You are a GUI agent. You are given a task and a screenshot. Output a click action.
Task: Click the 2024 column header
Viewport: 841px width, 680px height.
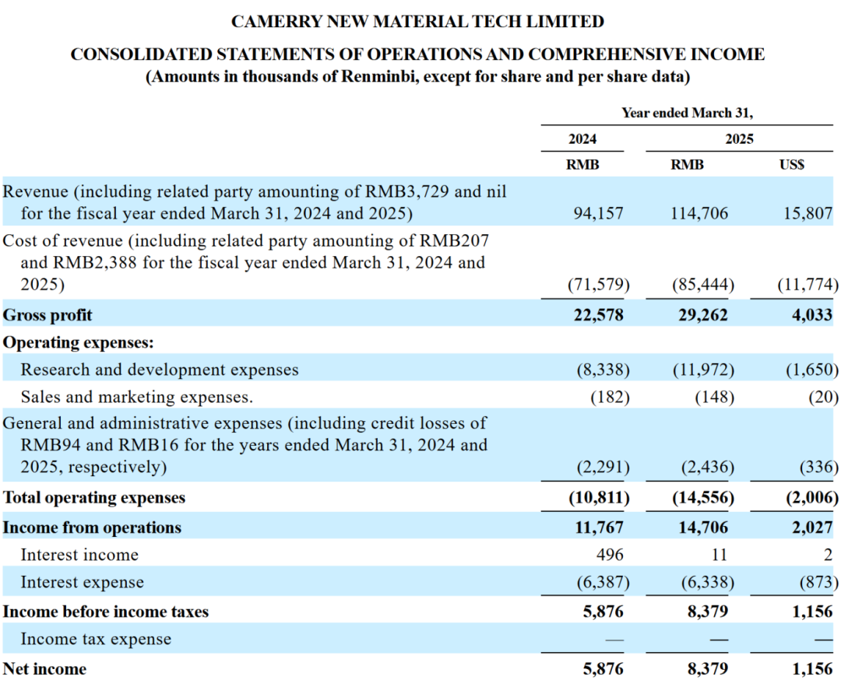pyautogui.click(x=582, y=138)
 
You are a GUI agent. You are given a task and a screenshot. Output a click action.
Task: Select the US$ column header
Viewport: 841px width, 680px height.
pyautogui.click(x=792, y=164)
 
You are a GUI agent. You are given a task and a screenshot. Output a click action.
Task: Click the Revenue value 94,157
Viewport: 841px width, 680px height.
pyautogui.click(x=599, y=213)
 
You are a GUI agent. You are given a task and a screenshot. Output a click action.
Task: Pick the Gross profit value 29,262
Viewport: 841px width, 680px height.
pyautogui.click(x=702, y=314)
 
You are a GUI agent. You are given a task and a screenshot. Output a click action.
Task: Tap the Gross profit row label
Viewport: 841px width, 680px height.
pyautogui.click(x=48, y=315)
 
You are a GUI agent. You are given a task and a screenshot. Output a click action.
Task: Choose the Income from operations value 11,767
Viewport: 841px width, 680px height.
pyautogui.click(x=599, y=528)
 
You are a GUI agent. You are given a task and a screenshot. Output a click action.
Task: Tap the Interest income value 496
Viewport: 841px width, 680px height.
pyautogui.click(x=610, y=555)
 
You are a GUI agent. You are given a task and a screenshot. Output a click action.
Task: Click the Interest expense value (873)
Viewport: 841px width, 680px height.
pyautogui.click(x=818, y=582)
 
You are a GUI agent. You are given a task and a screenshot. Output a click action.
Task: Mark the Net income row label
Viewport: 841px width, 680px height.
pyautogui.click(x=44, y=669)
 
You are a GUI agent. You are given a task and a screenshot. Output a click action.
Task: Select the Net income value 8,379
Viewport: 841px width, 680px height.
pyautogui.click(x=708, y=669)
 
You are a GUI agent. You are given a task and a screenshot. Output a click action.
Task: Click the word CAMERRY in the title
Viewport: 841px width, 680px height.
pyautogui.click(x=276, y=22)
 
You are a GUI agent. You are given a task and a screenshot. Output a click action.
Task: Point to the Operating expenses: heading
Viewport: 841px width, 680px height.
pyautogui.click(x=79, y=342)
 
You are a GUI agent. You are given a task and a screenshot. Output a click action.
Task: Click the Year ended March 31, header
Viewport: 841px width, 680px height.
pyautogui.click(x=687, y=113)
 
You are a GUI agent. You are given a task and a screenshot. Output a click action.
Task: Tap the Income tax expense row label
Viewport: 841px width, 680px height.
pyautogui.click(x=96, y=639)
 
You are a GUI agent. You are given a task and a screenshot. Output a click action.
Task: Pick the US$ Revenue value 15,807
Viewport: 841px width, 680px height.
pyautogui.click(x=808, y=213)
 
